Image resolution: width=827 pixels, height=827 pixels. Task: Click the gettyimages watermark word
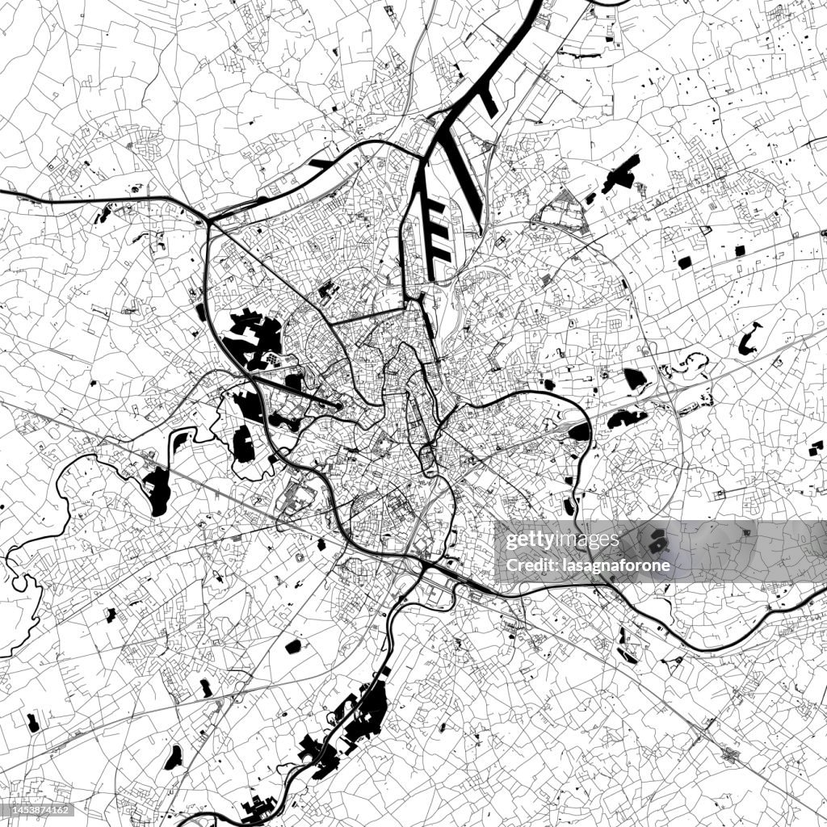[x=557, y=540]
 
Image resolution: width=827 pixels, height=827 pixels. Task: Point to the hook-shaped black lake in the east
[x=749, y=339]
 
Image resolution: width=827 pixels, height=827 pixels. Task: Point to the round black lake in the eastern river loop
[x=578, y=431]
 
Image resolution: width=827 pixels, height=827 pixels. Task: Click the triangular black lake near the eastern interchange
[x=634, y=379]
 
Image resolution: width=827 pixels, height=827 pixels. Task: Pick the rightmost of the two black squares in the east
[x=739, y=250]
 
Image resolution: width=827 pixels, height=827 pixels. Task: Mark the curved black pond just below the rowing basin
[x=287, y=420]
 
